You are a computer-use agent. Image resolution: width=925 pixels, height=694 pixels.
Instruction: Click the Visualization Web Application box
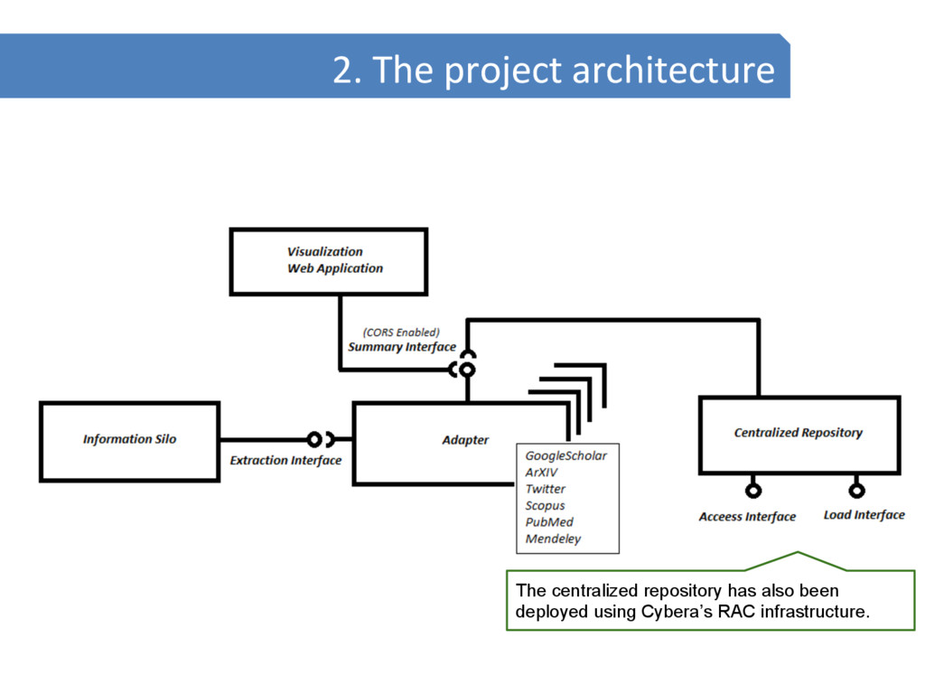tap(329, 261)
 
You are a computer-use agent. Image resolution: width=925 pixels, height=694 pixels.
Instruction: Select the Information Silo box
tap(129, 440)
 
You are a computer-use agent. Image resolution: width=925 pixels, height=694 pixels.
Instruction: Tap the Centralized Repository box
tap(799, 434)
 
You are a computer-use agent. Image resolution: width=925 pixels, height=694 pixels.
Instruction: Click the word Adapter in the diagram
tap(465, 440)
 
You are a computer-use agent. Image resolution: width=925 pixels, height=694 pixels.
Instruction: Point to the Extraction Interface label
tap(285, 461)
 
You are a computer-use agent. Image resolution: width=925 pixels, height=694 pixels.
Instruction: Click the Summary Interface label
tap(402, 347)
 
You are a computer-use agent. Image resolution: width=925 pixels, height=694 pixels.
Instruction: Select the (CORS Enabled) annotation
tap(401, 332)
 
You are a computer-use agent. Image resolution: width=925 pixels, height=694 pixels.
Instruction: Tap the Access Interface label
tap(747, 517)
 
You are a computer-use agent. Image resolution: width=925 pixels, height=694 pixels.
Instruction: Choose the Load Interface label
tap(864, 515)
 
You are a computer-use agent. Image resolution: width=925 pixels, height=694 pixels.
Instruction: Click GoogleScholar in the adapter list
tap(566, 456)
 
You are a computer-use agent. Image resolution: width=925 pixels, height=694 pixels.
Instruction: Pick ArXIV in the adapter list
tap(542, 473)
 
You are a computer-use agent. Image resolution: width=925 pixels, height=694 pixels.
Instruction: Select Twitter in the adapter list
tap(546, 489)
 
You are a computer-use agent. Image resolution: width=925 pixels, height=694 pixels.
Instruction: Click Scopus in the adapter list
tap(546, 506)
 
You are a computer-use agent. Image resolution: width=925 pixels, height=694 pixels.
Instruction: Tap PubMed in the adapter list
tap(549, 522)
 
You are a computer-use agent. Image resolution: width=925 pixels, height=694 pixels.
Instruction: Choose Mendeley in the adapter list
tap(554, 539)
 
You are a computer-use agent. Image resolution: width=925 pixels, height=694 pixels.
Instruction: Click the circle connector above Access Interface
tap(752, 491)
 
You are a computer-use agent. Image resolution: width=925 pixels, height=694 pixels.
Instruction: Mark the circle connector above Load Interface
tap(856, 491)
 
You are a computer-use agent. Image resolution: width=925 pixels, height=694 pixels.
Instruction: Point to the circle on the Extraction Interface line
tap(314, 440)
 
